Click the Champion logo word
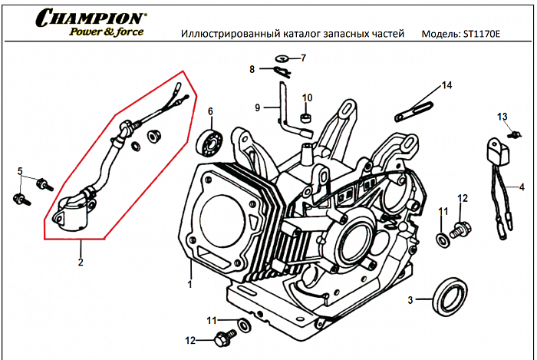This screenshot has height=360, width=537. coord(91,17)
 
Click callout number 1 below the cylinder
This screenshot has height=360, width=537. coord(189,284)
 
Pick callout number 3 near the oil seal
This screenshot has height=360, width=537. coord(410,299)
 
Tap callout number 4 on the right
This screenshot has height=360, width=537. coord(522,187)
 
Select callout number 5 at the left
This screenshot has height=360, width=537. coord(20,170)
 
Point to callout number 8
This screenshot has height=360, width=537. coord(252,70)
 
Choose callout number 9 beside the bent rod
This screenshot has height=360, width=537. coord(258,107)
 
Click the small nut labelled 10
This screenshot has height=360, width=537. coord(306,118)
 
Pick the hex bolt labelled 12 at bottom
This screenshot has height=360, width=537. coord(226,335)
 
